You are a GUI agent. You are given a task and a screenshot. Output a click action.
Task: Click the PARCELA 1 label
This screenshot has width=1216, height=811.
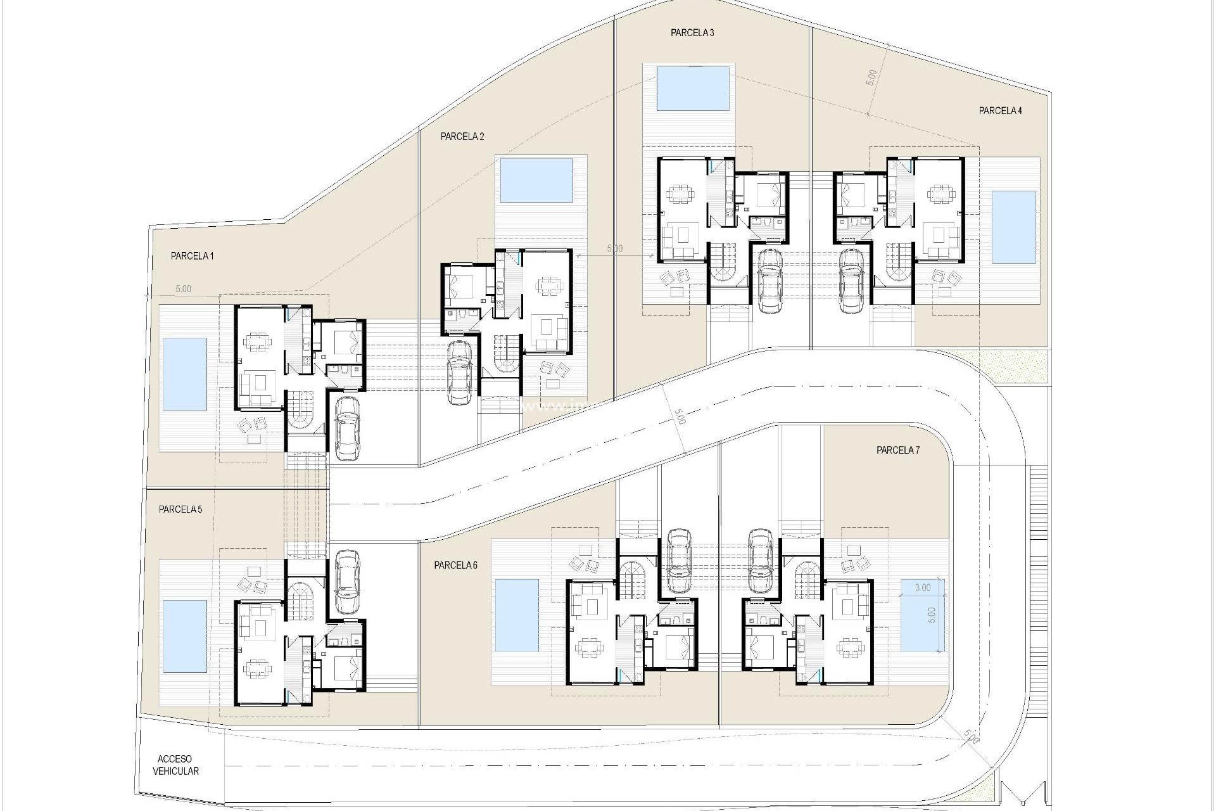[192, 256]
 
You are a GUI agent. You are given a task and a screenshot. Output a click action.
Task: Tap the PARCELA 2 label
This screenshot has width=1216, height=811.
[462, 136]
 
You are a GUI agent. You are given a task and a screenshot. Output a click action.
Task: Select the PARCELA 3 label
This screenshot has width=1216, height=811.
[692, 33]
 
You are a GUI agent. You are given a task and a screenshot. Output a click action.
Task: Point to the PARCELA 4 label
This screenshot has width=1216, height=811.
[1000, 110]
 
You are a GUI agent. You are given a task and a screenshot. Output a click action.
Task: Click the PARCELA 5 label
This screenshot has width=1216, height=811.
[180, 509]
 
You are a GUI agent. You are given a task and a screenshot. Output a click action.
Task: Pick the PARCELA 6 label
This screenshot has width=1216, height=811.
[455, 565]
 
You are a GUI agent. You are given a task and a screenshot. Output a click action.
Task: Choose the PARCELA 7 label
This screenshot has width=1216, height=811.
[897, 450]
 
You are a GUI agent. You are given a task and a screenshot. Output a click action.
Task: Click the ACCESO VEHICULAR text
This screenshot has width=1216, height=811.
[175, 765]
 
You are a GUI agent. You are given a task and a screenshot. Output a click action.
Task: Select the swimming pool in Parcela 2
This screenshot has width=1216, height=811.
[536, 180]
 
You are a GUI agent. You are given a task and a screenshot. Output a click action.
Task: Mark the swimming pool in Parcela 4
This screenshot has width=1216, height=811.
[1013, 226]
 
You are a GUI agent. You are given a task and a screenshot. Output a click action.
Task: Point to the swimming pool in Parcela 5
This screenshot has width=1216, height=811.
[185, 635]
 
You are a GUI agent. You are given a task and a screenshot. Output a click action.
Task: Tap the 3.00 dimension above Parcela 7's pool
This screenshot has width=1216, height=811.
[923, 587]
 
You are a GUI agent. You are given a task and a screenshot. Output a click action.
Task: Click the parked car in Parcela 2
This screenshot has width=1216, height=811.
[460, 372]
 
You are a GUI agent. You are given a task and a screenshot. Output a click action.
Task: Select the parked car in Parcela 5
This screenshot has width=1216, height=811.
[347, 582]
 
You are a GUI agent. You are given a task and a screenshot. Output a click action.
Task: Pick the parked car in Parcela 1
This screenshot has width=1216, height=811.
[346, 428]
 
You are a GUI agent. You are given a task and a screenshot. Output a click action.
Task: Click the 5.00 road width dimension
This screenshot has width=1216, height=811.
[679, 418]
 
